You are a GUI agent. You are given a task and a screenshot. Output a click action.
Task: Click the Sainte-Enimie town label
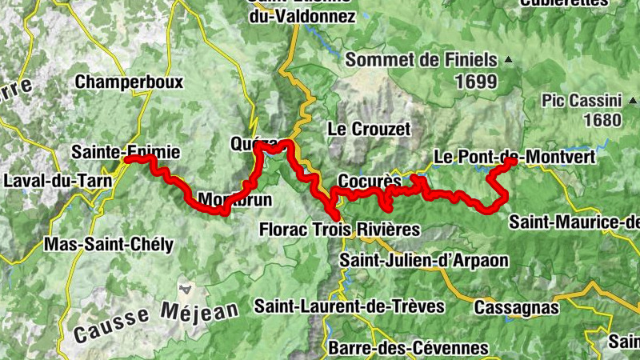(126, 151)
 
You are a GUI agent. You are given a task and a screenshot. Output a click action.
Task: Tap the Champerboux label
(129, 82)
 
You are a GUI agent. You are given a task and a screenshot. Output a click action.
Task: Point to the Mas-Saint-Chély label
(110, 245)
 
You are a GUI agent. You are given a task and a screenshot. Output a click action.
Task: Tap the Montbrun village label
(234, 199)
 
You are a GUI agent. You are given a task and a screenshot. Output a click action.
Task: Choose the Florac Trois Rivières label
(339, 230)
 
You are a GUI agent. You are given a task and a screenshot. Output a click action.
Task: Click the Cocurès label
(363, 180)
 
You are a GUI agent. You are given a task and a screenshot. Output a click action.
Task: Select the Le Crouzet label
(369, 129)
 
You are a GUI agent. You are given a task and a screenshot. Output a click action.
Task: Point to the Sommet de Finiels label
(421, 60)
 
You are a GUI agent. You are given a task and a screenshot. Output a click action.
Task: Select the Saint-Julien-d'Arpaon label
(423, 260)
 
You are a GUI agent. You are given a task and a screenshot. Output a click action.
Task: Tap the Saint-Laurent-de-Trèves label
(349, 306)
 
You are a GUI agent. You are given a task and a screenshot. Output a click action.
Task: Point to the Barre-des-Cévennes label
(408, 349)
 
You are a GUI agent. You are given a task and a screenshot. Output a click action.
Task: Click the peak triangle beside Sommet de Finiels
(506, 59)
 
